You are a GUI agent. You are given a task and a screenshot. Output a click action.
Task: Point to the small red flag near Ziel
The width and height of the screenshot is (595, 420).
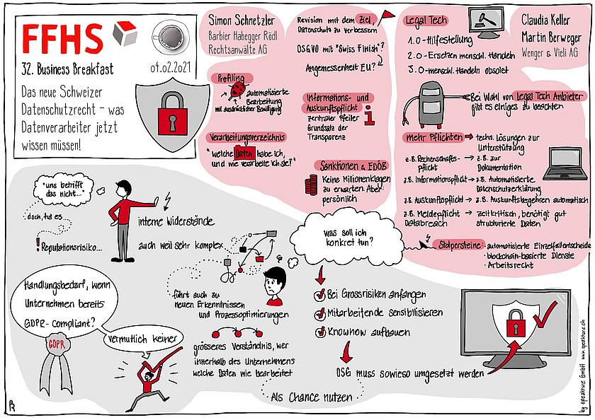tap(387, 14)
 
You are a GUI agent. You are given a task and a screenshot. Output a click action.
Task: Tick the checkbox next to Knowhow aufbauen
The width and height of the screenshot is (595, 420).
tap(319, 329)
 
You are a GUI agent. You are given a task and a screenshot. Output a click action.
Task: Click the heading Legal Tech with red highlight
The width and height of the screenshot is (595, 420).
tap(425, 22)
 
